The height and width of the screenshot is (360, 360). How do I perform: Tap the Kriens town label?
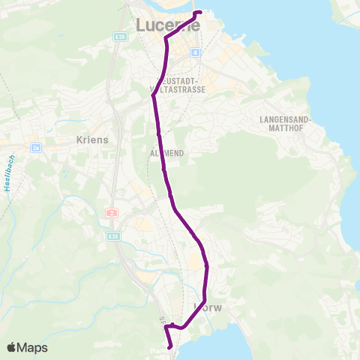point(93,139)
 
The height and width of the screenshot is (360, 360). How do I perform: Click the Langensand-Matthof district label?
point(280,123)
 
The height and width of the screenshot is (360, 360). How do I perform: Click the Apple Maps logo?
point(26,347)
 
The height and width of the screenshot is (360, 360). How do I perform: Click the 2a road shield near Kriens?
point(35,148)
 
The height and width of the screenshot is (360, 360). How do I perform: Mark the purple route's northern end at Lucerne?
point(199,12)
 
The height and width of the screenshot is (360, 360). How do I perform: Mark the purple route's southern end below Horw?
point(169,346)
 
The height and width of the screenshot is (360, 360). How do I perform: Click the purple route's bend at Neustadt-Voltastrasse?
point(153,95)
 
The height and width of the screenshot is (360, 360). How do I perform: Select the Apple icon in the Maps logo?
point(12,347)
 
